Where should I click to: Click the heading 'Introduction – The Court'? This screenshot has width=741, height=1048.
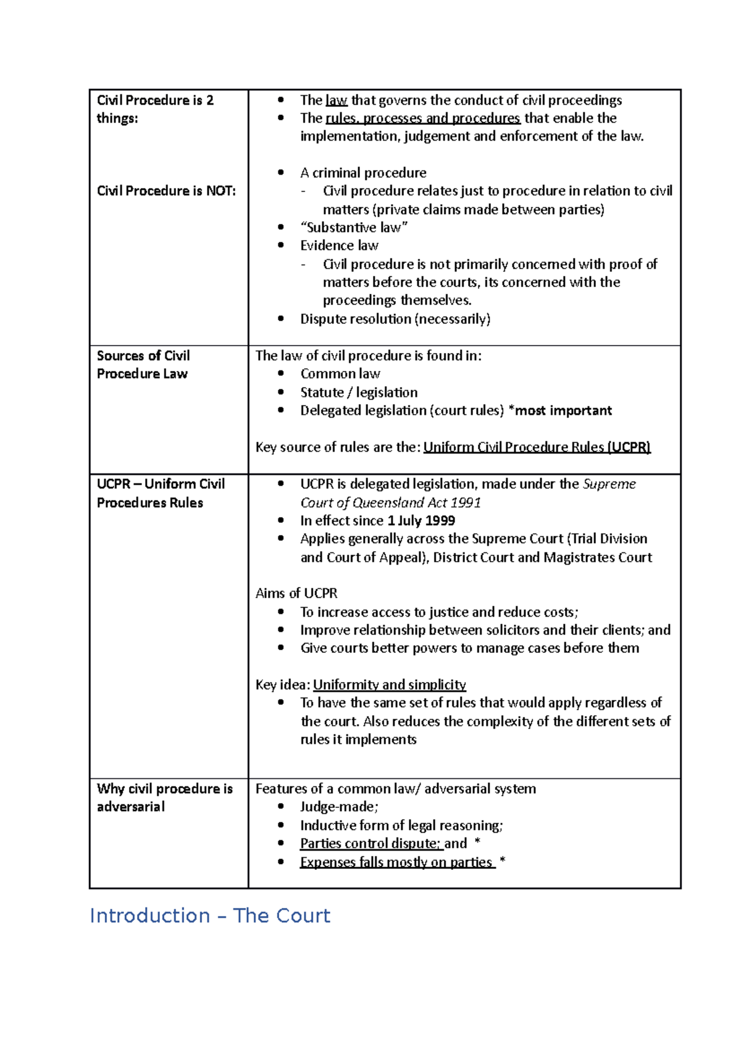click(x=210, y=915)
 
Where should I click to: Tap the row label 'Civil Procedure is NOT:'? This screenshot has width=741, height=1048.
click(x=166, y=191)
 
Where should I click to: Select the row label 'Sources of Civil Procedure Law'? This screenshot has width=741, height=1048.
click(x=143, y=364)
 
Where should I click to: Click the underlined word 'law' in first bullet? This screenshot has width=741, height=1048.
click(x=336, y=100)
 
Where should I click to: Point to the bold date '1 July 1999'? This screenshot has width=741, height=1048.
click(x=421, y=520)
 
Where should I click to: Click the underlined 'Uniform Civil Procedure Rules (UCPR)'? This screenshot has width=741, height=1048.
click(x=537, y=447)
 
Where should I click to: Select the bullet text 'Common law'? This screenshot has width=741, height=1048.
click(x=340, y=373)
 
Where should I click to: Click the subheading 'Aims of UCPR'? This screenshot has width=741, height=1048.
click(x=296, y=593)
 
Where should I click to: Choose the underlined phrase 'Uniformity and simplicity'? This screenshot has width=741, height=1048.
click(x=389, y=684)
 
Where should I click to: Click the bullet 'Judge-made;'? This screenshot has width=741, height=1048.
click(x=339, y=807)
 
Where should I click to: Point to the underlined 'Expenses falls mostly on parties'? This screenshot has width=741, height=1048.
click(x=396, y=862)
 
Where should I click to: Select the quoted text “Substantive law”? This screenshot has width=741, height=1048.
click(x=354, y=227)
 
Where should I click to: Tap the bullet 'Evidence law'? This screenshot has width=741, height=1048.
click(x=339, y=246)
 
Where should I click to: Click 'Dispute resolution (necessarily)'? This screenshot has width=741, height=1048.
click(x=395, y=319)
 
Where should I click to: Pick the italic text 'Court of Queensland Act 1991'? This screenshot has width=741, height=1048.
click(x=390, y=502)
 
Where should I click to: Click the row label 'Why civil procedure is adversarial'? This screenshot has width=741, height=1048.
click(x=164, y=797)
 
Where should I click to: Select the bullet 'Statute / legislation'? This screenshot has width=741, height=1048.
click(x=359, y=393)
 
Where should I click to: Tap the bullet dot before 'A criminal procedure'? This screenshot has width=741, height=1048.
click(x=281, y=173)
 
